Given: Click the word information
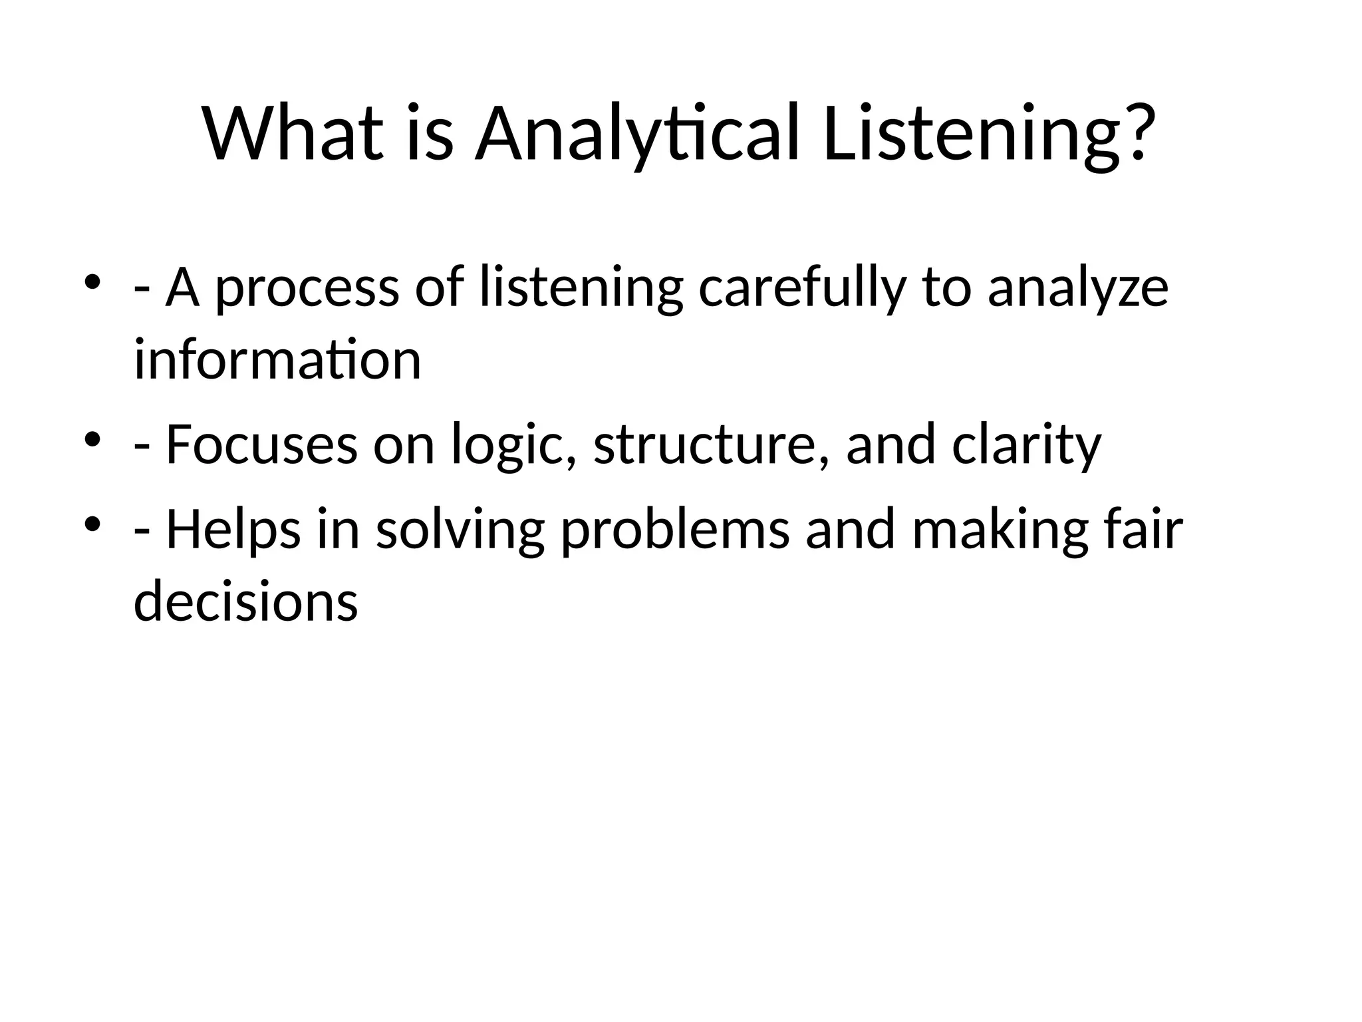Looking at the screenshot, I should coord(277,360).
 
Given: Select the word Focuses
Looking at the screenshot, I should coord(261,444).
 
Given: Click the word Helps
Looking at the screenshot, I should coord(233,530).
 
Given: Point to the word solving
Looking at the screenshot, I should coord(460,530).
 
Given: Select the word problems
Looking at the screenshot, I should coord(676,530).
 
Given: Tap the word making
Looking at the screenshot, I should coord(1000,530).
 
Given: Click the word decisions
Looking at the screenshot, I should coord(246,601).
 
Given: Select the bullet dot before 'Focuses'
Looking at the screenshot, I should coord(92,439).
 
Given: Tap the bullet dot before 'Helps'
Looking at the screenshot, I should coord(92,524).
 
